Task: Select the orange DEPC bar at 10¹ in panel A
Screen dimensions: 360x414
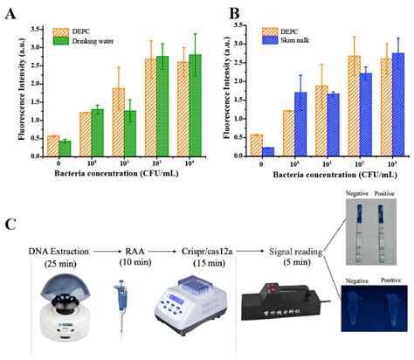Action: click(x=118, y=122)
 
